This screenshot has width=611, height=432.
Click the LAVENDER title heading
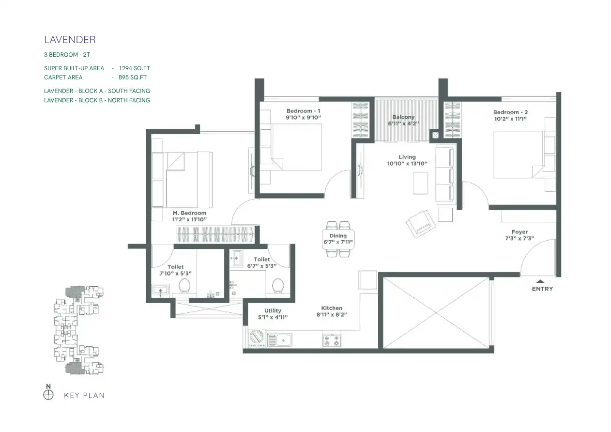[70, 40]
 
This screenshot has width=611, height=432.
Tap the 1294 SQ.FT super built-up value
[135, 68]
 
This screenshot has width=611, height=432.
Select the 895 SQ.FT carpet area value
[133, 77]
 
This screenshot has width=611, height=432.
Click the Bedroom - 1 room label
[303, 111]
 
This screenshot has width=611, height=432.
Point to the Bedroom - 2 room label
[510, 112]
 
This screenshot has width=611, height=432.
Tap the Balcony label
[403, 117]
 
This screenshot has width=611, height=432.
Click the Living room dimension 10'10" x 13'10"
[407, 164]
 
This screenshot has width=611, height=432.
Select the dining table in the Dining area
[338, 239]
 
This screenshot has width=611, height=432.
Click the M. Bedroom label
[190, 213]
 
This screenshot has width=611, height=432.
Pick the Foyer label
[519, 232]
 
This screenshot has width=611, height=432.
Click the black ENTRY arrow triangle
[540, 281]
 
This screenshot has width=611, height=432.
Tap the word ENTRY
[542, 289]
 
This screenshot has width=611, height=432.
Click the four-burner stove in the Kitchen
[332, 340]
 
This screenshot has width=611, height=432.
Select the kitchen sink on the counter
[279, 340]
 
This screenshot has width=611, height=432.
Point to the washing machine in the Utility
[257, 339]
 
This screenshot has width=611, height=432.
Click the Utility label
[273, 311]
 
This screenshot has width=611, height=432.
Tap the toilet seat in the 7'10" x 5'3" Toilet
[184, 285]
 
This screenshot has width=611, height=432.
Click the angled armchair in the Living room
[421, 224]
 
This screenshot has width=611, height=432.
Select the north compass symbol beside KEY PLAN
[48, 395]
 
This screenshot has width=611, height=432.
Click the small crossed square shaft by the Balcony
[436, 135]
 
